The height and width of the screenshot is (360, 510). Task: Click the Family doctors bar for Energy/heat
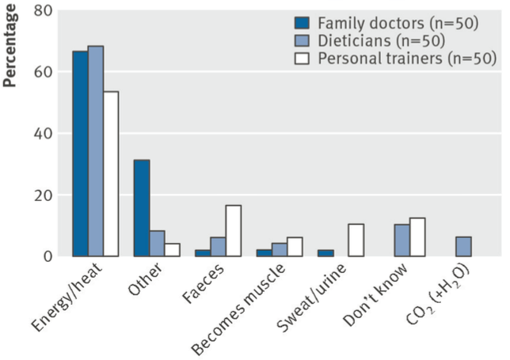pos(80,153)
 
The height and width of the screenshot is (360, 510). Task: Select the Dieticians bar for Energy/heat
pos(95,151)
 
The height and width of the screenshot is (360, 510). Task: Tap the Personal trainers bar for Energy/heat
pos(110,174)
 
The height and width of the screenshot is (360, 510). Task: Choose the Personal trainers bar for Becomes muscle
pos(295,247)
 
